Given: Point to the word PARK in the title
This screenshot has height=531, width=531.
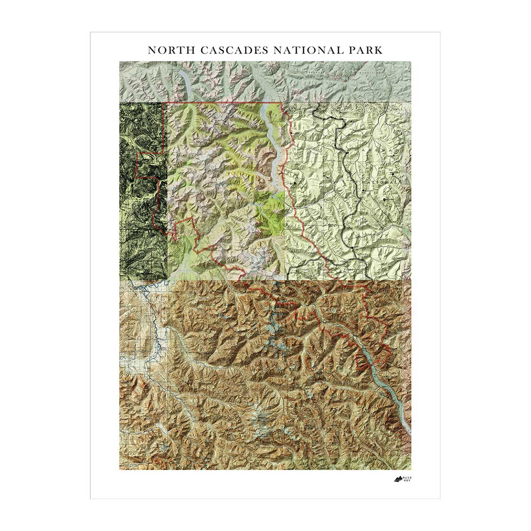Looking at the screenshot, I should pyautogui.click(x=366, y=50).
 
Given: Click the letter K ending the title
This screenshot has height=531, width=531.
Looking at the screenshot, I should pyautogui.click(x=379, y=50).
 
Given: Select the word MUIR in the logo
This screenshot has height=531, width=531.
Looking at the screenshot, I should pyautogui.click(x=407, y=477).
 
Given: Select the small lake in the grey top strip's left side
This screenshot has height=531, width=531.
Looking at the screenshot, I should pyautogui.click(x=183, y=82).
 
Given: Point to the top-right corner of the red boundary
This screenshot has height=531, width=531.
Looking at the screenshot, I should pyautogui.click(x=283, y=103).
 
